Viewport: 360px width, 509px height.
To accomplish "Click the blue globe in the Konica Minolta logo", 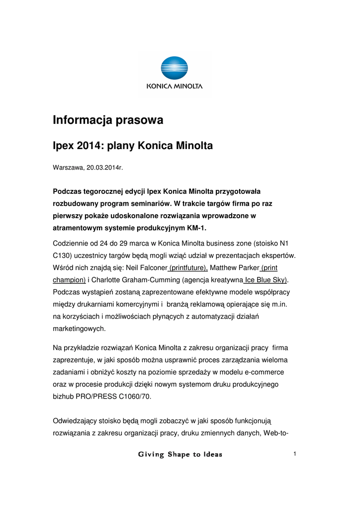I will pyautogui.click(x=174, y=69).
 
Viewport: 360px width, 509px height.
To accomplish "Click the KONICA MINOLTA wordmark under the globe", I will pyautogui.click(x=174, y=86).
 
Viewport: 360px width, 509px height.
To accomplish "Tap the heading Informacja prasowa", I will pyautogui.click(x=108, y=120).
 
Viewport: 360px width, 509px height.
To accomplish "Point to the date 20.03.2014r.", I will pyautogui.click(x=104, y=168).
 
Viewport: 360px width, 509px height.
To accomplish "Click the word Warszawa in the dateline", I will pyautogui.click(x=68, y=168).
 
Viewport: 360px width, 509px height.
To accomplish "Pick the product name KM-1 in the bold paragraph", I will pyautogui.click(x=196, y=228).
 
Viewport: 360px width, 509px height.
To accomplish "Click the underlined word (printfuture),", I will pyautogui.click(x=188, y=267).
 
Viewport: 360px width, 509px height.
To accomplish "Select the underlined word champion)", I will pyautogui.click(x=69, y=279).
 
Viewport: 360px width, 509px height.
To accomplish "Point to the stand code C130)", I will pyautogui.click(x=64, y=255).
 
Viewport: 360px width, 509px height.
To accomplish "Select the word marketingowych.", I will pyautogui.click(x=80, y=329).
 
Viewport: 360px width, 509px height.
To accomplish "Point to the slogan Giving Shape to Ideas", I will pyautogui.click(x=180, y=454).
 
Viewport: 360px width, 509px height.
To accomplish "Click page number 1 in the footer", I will pyautogui.click(x=295, y=453).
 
